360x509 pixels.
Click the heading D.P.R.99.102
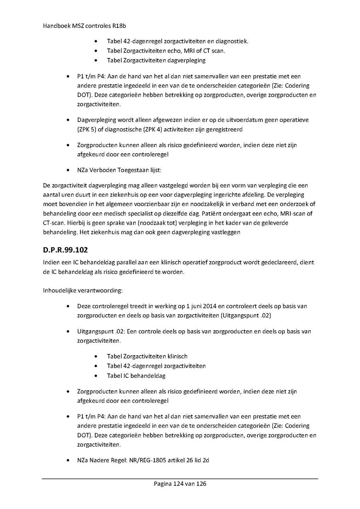click(x=65, y=251)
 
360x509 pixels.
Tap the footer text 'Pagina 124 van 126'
click(x=180, y=484)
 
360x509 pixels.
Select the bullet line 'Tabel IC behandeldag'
click(x=136, y=376)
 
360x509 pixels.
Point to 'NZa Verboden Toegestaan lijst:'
click(x=119, y=170)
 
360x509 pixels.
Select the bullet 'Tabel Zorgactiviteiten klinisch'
click(x=147, y=356)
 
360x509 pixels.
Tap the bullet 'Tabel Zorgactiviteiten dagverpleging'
click(x=156, y=60)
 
